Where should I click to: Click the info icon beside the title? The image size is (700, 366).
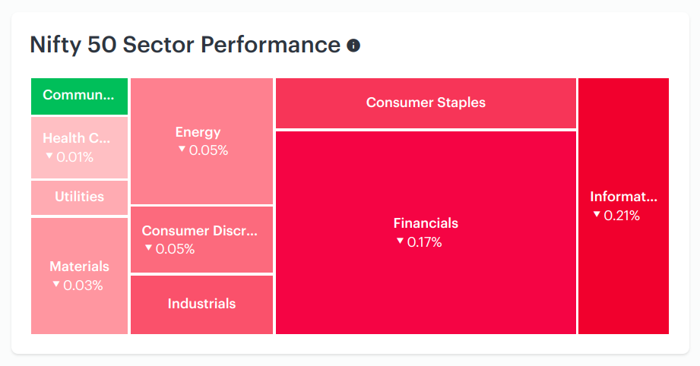click(x=353, y=46)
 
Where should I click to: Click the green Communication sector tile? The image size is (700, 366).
click(x=80, y=96)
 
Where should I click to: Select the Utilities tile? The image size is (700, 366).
click(x=80, y=197)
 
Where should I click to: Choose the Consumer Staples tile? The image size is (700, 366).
click(x=426, y=103)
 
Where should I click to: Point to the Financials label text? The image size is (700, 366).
click(x=426, y=223)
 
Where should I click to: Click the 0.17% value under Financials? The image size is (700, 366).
click(x=425, y=242)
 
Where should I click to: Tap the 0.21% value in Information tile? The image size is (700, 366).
click(x=622, y=216)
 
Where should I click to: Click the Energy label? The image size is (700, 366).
click(x=198, y=132)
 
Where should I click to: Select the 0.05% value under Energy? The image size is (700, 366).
click(x=208, y=150)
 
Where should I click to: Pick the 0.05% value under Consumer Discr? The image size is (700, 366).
click(x=175, y=249)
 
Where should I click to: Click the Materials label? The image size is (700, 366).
click(x=80, y=266)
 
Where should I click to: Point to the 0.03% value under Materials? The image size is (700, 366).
click(x=83, y=286)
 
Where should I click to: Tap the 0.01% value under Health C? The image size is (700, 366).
click(x=75, y=157)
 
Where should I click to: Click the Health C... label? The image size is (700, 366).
click(x=76, y=138)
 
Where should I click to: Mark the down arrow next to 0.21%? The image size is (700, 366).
click(x=597, y=214)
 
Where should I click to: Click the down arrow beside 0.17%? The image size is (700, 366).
click(x=400, y=241)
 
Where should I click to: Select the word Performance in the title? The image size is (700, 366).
click(x=271, y=45)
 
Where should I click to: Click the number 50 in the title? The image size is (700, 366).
click(x=101, y=45)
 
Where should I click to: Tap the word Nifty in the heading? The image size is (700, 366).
click(x=55, y=46)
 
